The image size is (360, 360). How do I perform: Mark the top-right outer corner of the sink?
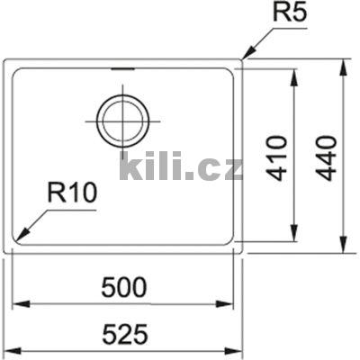(241, 61)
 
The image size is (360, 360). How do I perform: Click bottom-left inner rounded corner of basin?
(17, 238)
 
